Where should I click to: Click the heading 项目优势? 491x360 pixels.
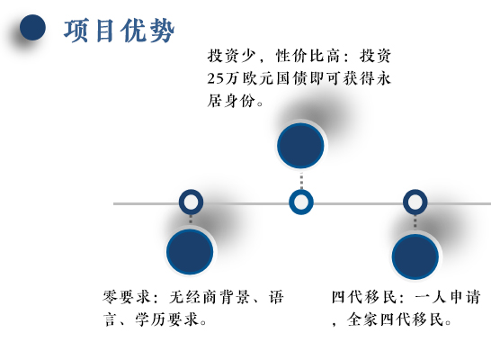(x=119, y=31)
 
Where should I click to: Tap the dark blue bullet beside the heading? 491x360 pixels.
(x=32, y=27)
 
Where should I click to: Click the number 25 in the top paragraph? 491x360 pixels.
(x=216, y=78)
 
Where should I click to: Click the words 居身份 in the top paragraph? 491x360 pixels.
(x=231, y=101)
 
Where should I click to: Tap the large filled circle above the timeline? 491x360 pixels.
(x=300, y=146)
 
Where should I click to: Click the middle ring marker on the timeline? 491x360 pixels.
(x=301, y=202)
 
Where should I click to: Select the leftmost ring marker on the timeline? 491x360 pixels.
(x=191, y=202)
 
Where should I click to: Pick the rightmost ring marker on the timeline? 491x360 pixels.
(x=415, y=202)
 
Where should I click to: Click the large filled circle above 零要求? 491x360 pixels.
(x=190, y=252)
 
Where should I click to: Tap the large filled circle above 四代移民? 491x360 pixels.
(x=415, y=256)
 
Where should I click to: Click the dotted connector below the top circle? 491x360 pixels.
(x=301, y=180)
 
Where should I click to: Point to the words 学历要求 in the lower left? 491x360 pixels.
(x=167, y=319)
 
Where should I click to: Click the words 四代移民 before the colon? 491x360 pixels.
(x=364, y=297)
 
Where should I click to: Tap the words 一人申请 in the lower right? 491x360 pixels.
(x=448, y=297)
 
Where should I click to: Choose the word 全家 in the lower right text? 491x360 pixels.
(x=362, y=319)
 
